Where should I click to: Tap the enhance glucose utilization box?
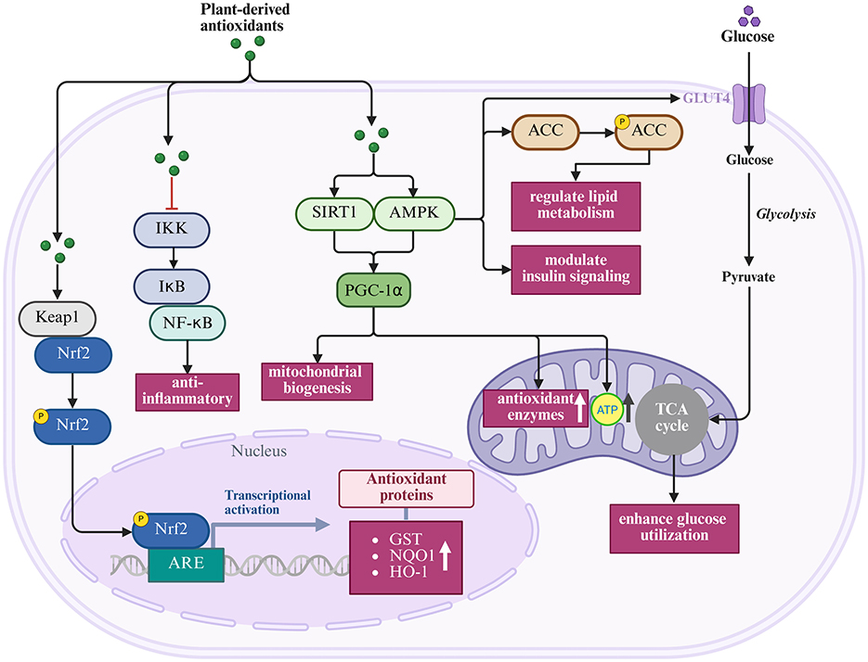(x=674, y=528)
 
